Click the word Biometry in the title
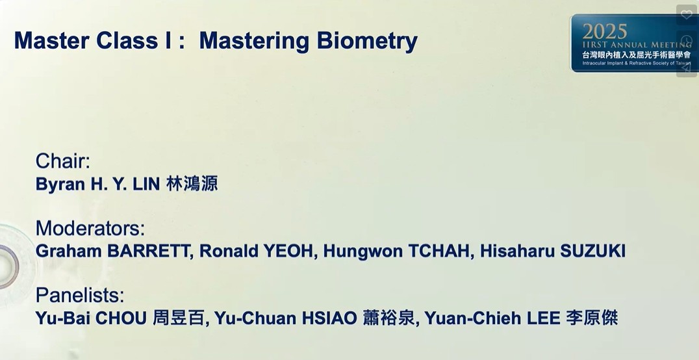(x=367, y=41)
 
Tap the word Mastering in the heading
(x=254, y=41)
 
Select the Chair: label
(x=63, y=161)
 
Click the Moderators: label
(x=90, y=228)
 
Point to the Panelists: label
(x=81, y=295)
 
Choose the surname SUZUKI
(x=593, y=251)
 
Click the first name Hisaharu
(x=518, y=251)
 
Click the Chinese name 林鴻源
(x=192, y=184)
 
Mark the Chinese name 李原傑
(x=592, y=318)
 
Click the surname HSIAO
(x=329, y=318)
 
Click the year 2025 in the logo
(x=605, y=32)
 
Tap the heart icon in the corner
(x=687, y=15)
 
